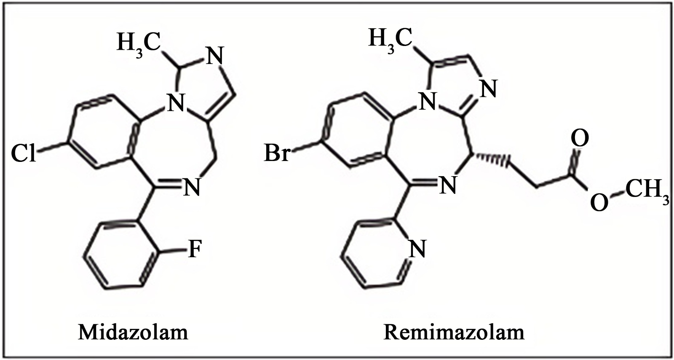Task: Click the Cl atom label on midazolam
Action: tap(23, 153)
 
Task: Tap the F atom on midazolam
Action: tap(195, 249)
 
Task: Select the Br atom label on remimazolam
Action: tap(277, 153)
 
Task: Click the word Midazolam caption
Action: tap(133, 333)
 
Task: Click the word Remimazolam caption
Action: tap(454, 333)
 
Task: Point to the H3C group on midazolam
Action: tap(138, 43)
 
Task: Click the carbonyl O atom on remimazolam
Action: tap(580, 139)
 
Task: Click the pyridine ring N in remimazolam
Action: tap(417, 249)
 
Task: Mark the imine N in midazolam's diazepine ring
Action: tap(191, 186)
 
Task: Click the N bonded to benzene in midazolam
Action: tap(175, 102)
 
